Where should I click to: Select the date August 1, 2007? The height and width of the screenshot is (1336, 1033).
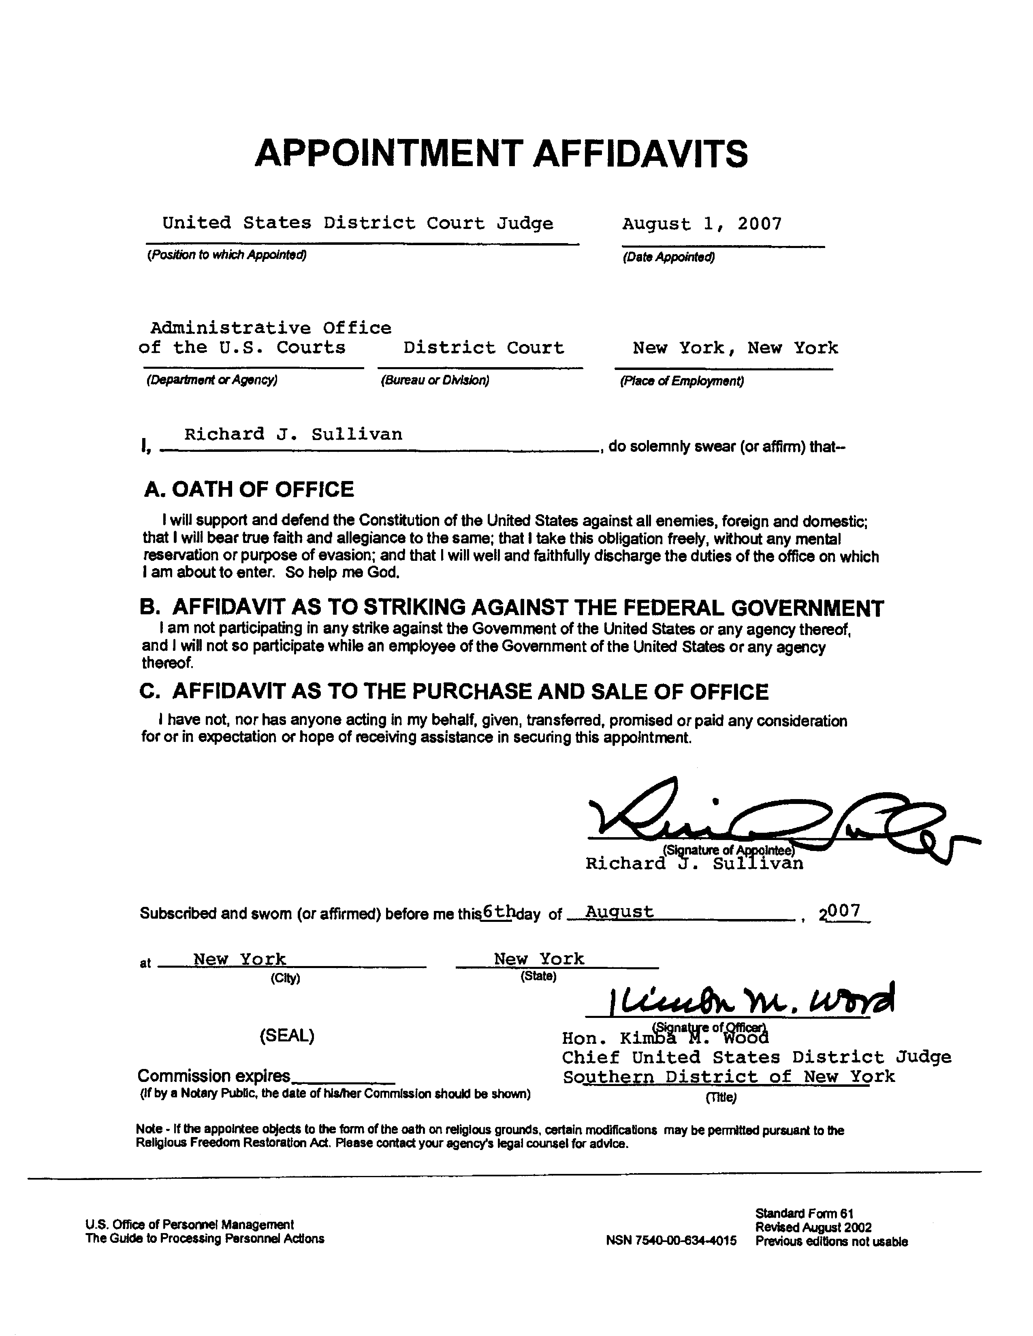coord(702,224)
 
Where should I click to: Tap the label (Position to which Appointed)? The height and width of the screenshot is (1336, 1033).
coord(226,254)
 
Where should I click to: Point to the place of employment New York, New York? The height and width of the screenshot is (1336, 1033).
coord(735,348)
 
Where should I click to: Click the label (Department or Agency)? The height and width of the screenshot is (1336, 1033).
coord(211,380)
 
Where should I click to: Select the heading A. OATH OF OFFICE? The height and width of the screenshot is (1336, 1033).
coord(248,490)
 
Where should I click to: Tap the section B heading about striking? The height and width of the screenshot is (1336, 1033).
coord(511,607)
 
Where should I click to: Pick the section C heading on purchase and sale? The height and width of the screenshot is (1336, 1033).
coord(454,691)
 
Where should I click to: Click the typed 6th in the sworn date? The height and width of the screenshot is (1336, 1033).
coord(497,911)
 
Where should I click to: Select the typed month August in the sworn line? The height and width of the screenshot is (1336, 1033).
coord(619,911)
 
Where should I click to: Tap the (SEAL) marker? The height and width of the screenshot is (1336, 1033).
coord(287,1036)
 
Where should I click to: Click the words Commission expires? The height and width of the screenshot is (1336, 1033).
coord(213,1075)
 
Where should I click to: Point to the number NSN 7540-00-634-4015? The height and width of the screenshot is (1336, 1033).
coord(671,1241)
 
